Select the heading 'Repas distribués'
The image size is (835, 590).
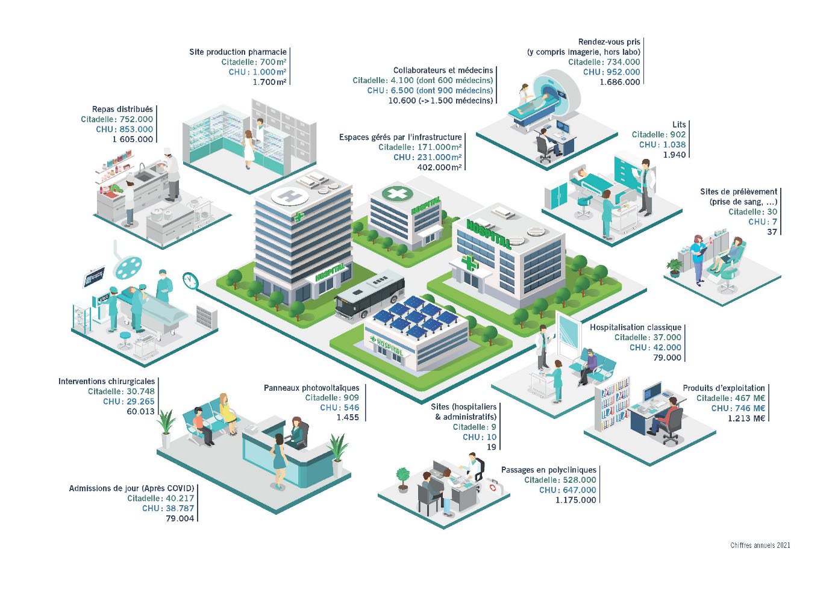[x=122, y=109]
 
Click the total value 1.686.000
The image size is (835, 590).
[x=619, y=82]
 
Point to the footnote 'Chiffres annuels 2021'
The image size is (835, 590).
[x=760, y=545]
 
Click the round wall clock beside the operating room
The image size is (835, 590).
[x=190, y=280]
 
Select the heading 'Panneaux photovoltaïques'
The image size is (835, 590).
[x=311, y=388]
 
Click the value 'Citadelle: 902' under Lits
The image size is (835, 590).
[x=658, y=134]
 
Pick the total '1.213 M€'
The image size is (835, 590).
[x=746, y=418]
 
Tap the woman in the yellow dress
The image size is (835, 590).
[x=227, y=414]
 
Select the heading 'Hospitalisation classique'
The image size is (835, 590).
[x=636, y=328]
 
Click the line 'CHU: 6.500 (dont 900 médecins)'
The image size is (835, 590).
[x=430, y=90]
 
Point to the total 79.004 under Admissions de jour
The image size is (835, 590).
[x=180, y=518]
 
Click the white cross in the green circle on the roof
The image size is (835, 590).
[x=398, y=194]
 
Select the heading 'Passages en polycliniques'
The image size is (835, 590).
[x=549, y=470]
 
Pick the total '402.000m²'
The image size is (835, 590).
[x=440, y=167]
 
